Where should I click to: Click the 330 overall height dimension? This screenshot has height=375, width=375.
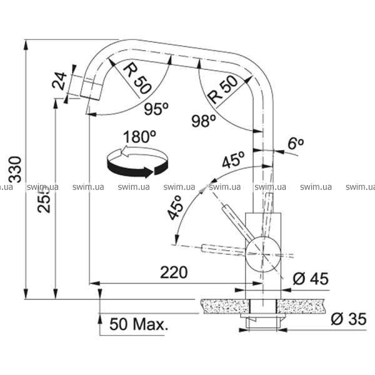[x=15, y=169]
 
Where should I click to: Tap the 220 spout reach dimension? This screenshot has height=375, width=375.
[x=174, y=272]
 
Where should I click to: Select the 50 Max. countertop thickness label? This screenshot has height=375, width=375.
[x=139, y=324]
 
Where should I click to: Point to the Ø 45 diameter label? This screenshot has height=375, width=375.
[x=311, y=279]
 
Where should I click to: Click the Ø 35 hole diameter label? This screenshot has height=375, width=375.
[x=349, y=319]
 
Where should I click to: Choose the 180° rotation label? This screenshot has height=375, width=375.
[x=139, y=137]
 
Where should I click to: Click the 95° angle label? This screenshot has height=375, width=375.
[x=157, y=109]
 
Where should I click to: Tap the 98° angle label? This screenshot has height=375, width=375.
[x=204, y=121]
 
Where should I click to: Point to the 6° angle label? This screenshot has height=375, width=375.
[x=296, y=143]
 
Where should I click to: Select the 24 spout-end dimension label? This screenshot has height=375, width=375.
[x=60, y=81]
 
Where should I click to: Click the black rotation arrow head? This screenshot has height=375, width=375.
[x=148, y=172]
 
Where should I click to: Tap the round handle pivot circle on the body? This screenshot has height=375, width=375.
[x=262, y=254]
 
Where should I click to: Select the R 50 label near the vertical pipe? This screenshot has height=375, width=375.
[x=223, y=90]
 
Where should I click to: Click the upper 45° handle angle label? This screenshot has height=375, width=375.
[x=233, y=160]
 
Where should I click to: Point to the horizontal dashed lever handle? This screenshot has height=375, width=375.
[x=224, y=249]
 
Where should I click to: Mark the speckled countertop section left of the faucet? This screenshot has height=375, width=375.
[x=225, y=306]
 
